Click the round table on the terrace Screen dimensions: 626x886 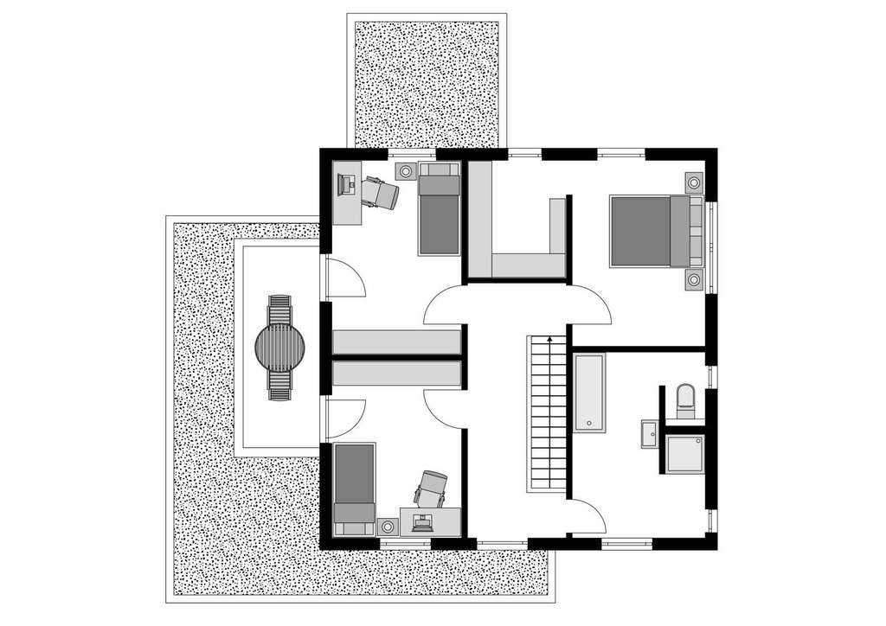pyautogui.click(x=280, y=347)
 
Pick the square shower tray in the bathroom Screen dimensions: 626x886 pyautogui.click(x=685, y=453)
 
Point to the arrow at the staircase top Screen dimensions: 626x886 pyautogui.click(x=549, y=341)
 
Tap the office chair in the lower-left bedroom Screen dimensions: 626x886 pyautogui.click(x=431, y=489)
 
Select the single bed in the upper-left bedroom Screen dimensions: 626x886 pyautogui.click(x=440, y=212)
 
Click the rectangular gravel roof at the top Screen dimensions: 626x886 pyautogui.click(x=427, y=82)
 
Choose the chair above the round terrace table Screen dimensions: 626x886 pyautogui.click(x=279, y=309)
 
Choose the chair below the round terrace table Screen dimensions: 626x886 pyautogui.click(x=279, y=385)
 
